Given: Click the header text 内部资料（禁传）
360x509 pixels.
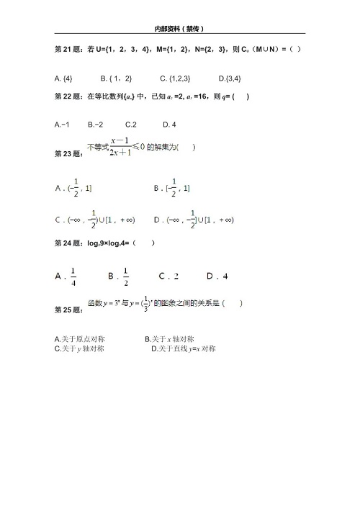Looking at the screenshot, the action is (x=179, y=29).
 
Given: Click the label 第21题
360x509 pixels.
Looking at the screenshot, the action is (x=68, y=49).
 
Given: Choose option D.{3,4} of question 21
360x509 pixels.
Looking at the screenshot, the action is (x=229, y=78).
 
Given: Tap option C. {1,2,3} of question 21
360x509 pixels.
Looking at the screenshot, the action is (x=175, y=78).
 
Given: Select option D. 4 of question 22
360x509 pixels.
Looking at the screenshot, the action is (x=170, y=125).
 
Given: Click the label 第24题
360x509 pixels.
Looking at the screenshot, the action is (x=68, y=243).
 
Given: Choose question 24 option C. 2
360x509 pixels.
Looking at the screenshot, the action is (x=168, y=276).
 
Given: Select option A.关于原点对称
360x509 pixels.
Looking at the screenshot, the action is (x=80, y=338).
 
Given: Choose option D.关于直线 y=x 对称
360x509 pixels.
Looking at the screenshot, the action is (x=184, y=348).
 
